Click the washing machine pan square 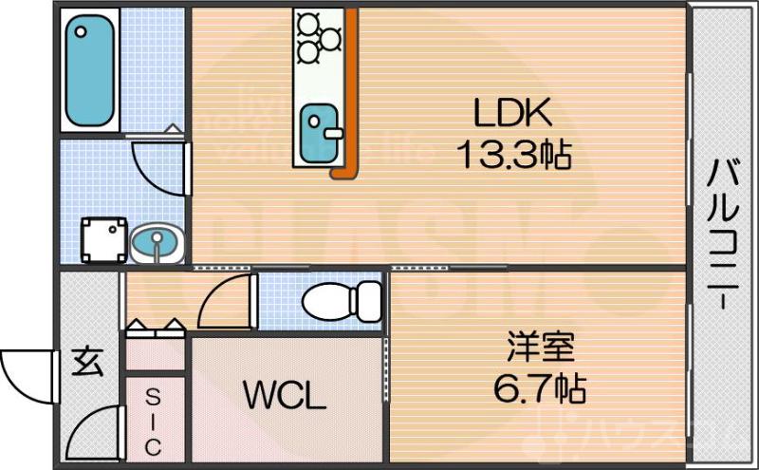[103, 240]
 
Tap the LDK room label [512, 114]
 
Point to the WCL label [284, 395]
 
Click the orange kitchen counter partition [350, 95]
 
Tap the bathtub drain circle [81, 31]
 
